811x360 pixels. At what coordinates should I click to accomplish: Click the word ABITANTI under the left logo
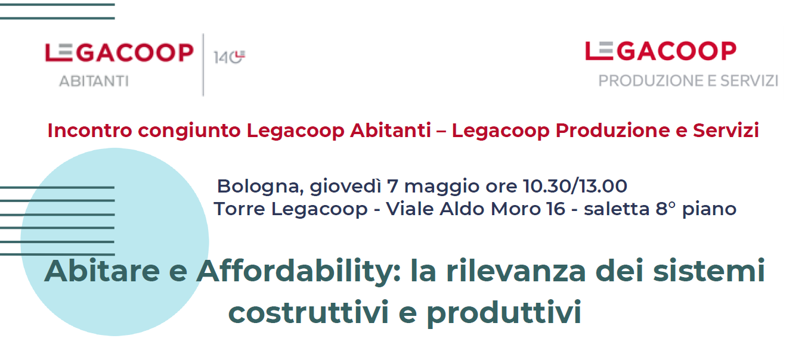click(x=94, y=81)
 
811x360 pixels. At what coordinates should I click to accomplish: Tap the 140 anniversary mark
click(x=229, y=57)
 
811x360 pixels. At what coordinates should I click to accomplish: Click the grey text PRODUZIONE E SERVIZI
click(x=688, y=80)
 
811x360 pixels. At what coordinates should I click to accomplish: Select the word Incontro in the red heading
click(x=90, y=131)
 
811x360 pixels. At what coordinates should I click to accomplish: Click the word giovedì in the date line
click(x=345, y=187)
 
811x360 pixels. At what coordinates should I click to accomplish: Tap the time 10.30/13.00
click(x=575, y=187)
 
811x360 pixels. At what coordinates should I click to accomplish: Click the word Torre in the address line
click(x=239, y=209)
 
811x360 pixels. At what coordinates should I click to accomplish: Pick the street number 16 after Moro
click(x=556, y=209)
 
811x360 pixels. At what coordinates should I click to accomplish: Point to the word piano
click(x=709, y=210)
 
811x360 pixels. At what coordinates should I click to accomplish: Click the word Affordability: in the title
click(x=299, y=272)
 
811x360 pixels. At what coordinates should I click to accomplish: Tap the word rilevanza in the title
click(x=516, y=271)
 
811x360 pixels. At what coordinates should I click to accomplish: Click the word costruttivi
click(x=308, y=312)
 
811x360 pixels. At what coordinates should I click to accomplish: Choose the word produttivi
click(x=504, y=314)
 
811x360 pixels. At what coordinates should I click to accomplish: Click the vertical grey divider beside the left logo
click(x=203, y=65)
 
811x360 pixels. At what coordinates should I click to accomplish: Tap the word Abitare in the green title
click(x=102, y=271)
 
